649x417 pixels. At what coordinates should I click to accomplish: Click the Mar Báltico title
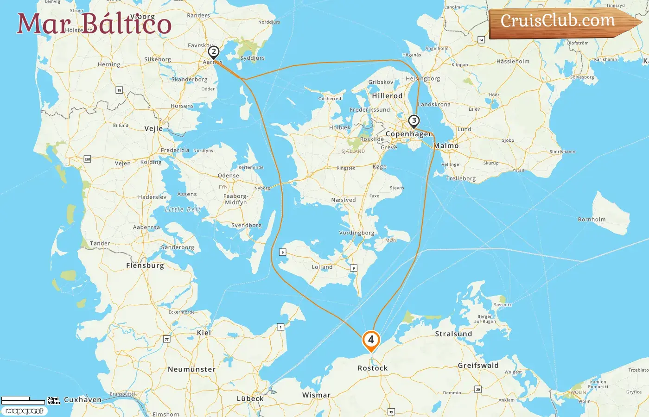point(94,24)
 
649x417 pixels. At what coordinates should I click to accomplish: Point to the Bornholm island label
point(592,220)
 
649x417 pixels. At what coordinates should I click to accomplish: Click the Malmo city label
point(446,146)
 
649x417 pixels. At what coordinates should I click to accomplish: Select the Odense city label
point(229,176)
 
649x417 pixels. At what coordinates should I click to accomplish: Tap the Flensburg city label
point(145,265)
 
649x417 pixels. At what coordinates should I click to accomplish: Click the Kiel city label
point(204,333)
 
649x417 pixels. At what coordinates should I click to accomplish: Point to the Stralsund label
point(453,334)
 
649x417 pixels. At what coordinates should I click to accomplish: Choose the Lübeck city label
point(250,398)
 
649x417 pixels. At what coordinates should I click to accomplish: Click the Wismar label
point(316,395)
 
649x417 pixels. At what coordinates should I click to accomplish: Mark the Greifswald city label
point(478,366)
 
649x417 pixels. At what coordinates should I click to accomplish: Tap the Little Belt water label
point(183,209)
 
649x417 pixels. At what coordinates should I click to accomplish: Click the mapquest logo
point(24,411)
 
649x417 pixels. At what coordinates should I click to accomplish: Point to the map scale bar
point(23,400)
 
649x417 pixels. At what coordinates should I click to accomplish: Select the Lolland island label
point(322,267)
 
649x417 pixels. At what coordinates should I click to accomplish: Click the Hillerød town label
point(387,96)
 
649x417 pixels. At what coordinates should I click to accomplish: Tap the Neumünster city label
point(191,369)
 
